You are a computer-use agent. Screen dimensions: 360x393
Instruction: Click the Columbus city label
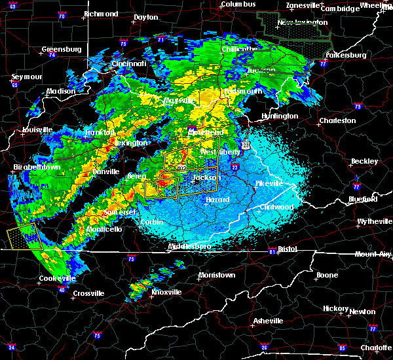[x=237, y=5]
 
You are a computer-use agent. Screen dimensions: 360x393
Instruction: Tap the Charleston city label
[x=337, y=120]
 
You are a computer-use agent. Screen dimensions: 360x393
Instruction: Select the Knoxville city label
[x=166, y=291]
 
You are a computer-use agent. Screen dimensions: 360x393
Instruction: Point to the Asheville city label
[x=269, y=321]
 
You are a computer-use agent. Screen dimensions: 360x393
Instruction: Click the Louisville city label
[x=37, y=130]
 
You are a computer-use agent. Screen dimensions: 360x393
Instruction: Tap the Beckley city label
[x=364, y=161]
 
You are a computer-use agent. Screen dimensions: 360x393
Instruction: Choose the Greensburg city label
[x=61, y=49]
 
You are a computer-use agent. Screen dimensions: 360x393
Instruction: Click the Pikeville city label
[x=269, y=183]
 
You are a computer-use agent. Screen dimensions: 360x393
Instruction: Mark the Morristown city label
[x=216, y=275]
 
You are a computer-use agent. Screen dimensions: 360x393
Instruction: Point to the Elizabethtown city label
[x=37, y=167]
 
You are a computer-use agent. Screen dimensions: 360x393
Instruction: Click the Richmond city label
[x=101, y=14]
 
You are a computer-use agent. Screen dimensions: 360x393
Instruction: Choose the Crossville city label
[x=89, y=293]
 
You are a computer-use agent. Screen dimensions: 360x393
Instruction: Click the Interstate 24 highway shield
[x=12, y=346]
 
